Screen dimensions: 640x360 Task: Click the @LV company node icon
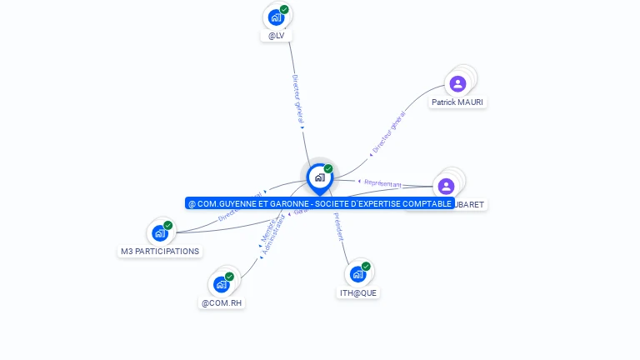point(276,17)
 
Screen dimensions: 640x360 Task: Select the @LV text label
point(277,36)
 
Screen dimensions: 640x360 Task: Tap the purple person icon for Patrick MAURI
point(457,83)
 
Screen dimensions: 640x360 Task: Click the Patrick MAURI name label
point(457,102)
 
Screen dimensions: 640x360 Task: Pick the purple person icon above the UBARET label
point(446,186)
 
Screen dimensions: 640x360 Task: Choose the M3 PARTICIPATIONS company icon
point(160,233)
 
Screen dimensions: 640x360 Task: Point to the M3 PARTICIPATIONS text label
point(160,251)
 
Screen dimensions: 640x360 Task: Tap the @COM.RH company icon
point(221,284)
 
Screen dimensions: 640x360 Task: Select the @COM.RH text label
point(222,302)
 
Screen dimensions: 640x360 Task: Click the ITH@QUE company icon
point(357,274)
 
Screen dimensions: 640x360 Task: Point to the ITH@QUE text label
point(359,292)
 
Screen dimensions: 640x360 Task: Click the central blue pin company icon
point(319,177)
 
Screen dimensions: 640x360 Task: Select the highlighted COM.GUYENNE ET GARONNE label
point(319,203)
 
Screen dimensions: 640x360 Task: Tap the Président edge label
point(338,226)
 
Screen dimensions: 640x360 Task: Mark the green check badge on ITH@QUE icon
point(366,267)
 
